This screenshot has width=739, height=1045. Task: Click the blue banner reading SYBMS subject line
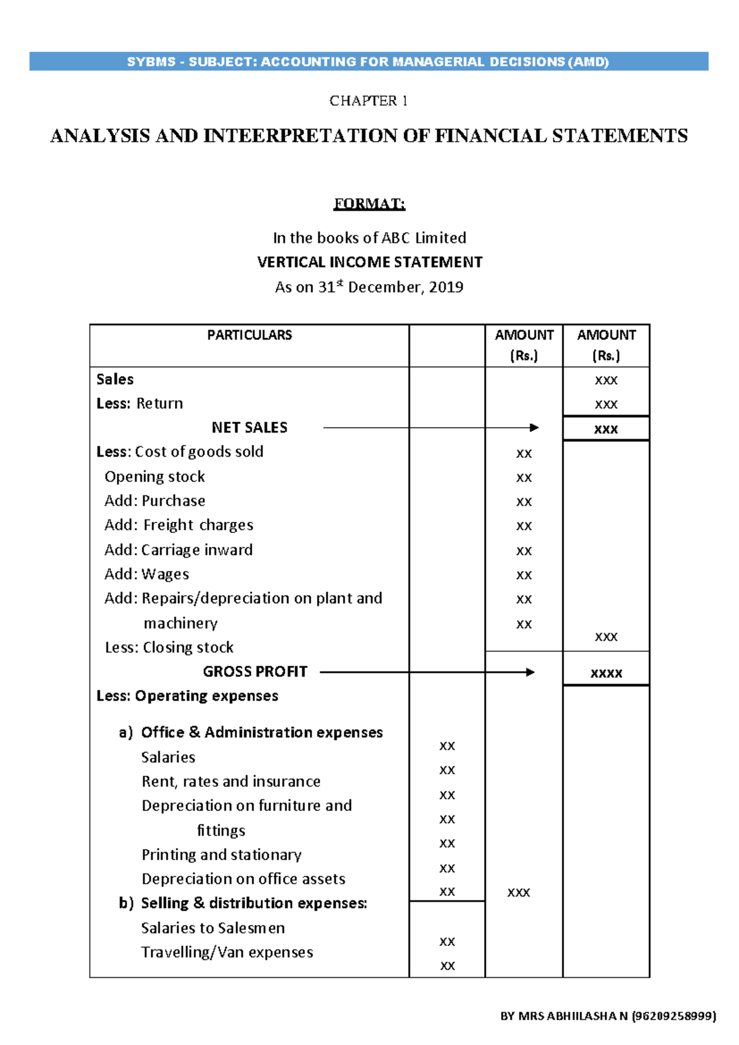368,62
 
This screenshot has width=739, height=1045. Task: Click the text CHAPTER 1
368,100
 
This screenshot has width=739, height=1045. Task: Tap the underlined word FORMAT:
369,204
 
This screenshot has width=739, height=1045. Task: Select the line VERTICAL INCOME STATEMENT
369,262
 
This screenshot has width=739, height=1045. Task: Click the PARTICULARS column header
249,335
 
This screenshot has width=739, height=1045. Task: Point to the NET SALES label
249,428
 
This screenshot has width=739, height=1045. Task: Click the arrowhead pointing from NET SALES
534,428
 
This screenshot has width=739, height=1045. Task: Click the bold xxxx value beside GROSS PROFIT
606,673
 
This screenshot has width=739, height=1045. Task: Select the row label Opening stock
155,477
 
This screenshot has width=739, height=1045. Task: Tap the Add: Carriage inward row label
179,550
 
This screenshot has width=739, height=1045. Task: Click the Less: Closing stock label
169,648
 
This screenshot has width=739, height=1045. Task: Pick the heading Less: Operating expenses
187,696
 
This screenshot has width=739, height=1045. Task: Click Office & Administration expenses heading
262,733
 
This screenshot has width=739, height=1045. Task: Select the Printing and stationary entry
222,855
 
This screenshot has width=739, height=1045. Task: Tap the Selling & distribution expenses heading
254,903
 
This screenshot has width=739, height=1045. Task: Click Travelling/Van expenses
227,953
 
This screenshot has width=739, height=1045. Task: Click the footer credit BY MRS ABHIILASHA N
608,1017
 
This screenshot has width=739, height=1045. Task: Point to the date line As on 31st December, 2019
369,287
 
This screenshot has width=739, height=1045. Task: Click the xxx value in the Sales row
606,380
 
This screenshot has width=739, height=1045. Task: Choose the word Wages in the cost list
165,574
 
